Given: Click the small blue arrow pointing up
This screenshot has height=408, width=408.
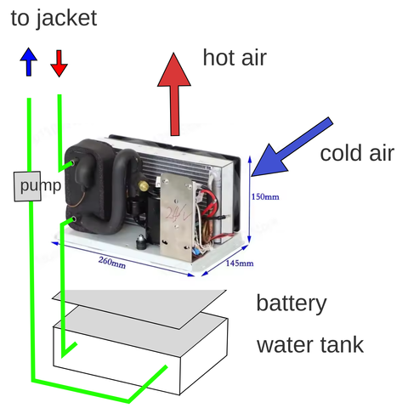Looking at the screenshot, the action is click(29, 62).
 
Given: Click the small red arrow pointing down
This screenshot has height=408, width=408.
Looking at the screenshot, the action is click(59, 64).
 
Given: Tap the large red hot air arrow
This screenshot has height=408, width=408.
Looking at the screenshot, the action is click(174, 94).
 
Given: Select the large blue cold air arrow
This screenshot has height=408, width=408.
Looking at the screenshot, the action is click(292, 147).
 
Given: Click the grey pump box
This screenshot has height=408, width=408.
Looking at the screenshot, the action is click(27, 186).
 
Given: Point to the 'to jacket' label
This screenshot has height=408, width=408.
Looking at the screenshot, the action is click(54, 18).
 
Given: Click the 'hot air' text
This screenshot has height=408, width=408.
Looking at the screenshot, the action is click(235, 58).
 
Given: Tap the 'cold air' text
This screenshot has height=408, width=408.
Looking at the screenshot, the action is click(357, 153).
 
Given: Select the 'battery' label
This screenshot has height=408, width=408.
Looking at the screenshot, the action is click(292, 303).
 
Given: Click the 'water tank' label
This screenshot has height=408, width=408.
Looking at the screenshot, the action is click(310, 344).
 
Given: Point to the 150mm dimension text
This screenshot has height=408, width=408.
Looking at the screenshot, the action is click(265, 196).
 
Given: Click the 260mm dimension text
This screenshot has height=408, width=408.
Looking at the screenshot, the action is click(112, 263).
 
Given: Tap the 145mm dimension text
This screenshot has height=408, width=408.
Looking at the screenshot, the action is click(240, 263).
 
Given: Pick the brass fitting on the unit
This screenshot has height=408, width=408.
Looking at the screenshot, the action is click(144, 185).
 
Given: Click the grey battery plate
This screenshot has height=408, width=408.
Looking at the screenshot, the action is click(139, 309).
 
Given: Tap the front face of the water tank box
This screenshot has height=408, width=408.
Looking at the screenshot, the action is click(116, 360).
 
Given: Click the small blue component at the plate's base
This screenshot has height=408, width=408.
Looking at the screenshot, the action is click(195, 251).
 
